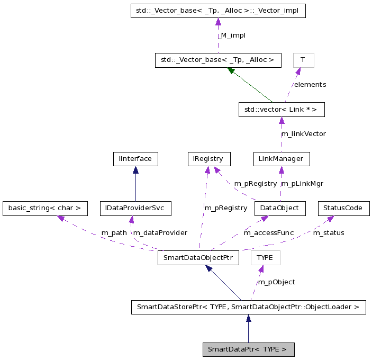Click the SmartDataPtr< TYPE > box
[248, 349]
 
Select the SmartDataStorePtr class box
[248, 307]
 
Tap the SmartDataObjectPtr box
[198, 258]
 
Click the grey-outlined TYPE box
[265, 258]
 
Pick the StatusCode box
[343, 208]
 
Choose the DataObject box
[280, 208]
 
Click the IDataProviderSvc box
[135, 208]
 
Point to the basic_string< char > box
[44, 208]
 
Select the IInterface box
[135, 158]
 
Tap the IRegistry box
[209, 158]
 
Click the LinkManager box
[281, 158]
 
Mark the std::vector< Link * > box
[281, 110]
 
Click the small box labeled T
[303, 60]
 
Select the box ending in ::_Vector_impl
[218, 11]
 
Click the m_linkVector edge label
[304, 134]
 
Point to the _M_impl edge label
[232, 35]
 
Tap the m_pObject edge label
[276, 282]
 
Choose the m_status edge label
[328, 233]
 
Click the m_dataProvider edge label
[160, 233]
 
